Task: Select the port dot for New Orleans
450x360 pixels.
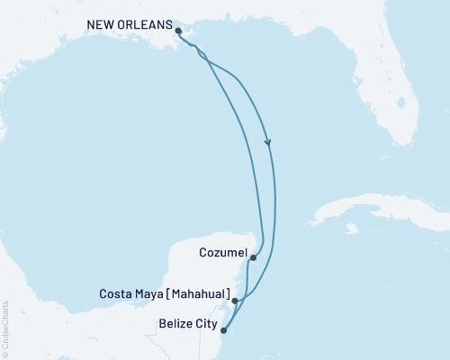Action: (x=178, y=30)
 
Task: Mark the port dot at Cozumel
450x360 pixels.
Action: (x=253, y=258)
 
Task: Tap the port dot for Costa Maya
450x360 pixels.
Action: (x=235, y=301)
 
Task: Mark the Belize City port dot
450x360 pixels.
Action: (x=223, y=329)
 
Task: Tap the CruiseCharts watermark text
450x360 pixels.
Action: (x=6, y=323)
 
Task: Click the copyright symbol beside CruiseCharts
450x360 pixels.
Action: (x=6, y=354)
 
